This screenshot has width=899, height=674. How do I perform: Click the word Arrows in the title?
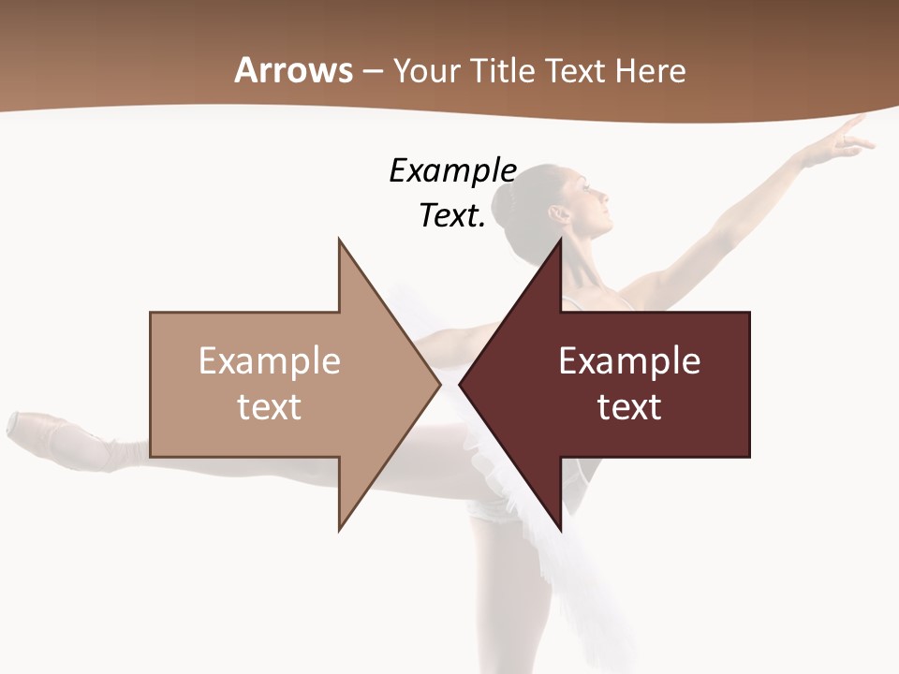[x=294, y=70]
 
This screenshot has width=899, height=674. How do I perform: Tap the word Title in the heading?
[x=505, y=70]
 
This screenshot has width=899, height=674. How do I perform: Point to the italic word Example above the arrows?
[x=453, y=170]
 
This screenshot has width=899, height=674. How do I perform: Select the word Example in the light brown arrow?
[x=270, y=360]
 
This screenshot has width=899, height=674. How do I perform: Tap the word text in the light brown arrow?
[x=270, y=406]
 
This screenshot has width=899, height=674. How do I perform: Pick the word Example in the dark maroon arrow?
[x=629, y=360]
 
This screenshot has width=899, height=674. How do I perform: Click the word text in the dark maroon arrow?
[x=629, y=406]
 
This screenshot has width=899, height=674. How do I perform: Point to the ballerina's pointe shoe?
[x=56, y=434]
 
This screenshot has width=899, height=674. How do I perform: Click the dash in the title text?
[x=372, y=71]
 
